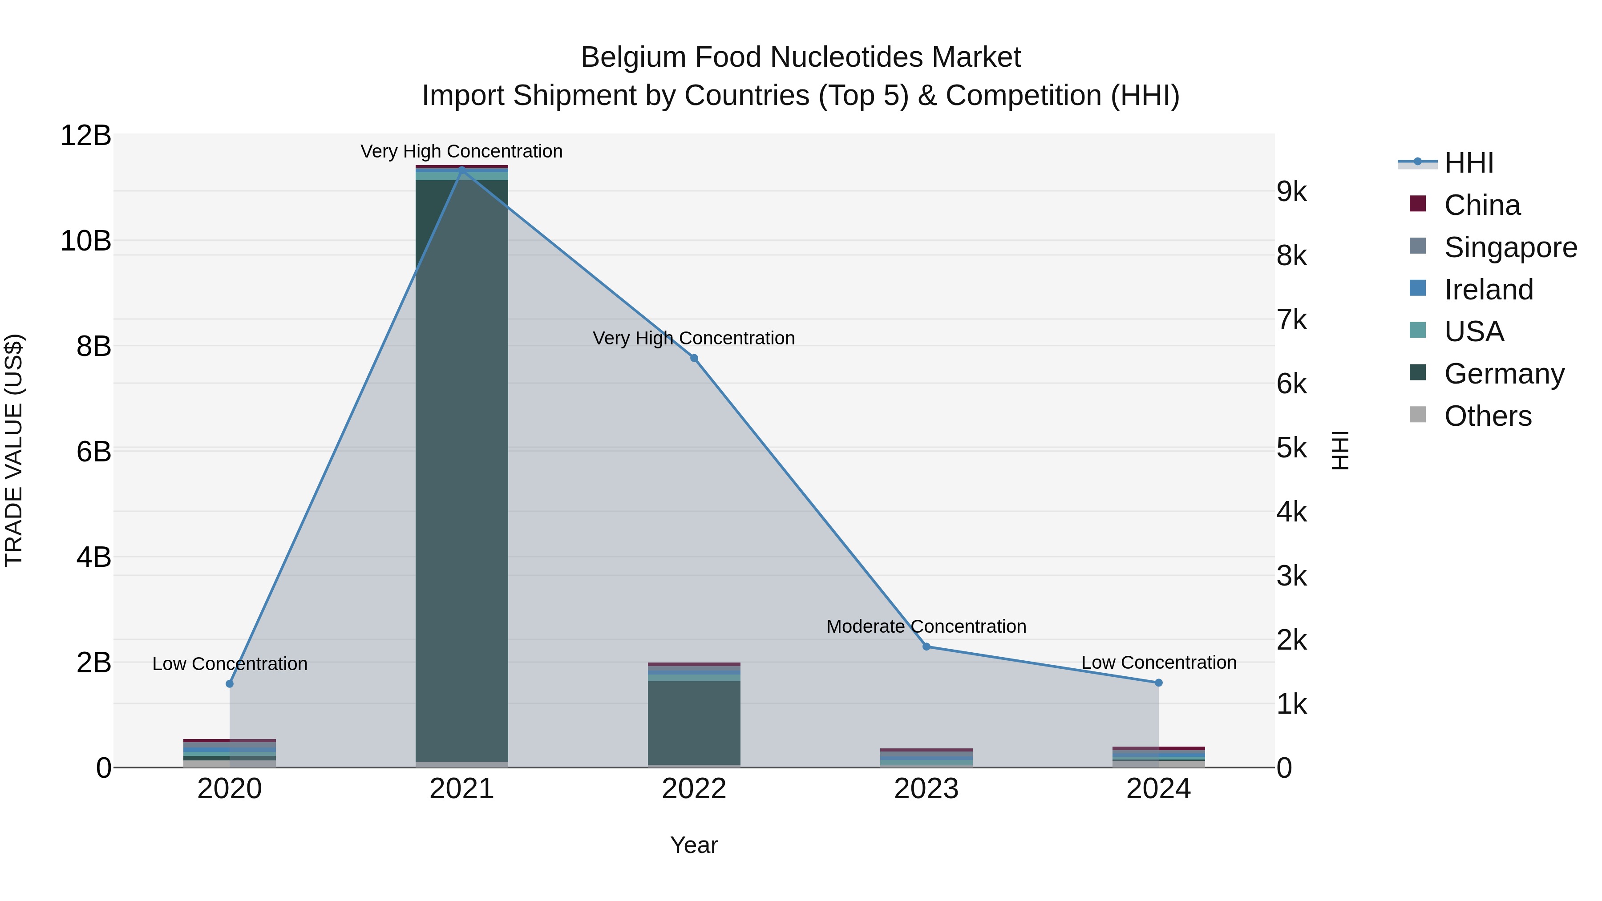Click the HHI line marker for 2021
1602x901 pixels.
pos(461,170)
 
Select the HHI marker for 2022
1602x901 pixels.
pos(694,358)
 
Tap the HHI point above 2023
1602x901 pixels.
pos(926,646)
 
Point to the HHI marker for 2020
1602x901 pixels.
pos(230,684)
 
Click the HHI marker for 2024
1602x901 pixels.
pos(1159,683)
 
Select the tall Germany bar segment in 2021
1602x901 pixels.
pos(461,466)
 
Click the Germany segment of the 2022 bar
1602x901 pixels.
pos(694,721)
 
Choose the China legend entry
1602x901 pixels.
pos(1482,205)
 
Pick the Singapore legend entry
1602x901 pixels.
pos(1510,247)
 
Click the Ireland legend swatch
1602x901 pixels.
pos(1418,288)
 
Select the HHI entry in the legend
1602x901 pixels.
pos(1468,163)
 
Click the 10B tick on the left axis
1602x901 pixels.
pos(86,241)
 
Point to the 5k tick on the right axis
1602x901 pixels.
pos(1292,448)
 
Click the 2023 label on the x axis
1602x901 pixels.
pos(926,789)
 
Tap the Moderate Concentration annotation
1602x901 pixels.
pos(926,626)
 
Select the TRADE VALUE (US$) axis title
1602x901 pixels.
pos(14,450)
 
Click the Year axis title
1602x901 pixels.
pos(694,845)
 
